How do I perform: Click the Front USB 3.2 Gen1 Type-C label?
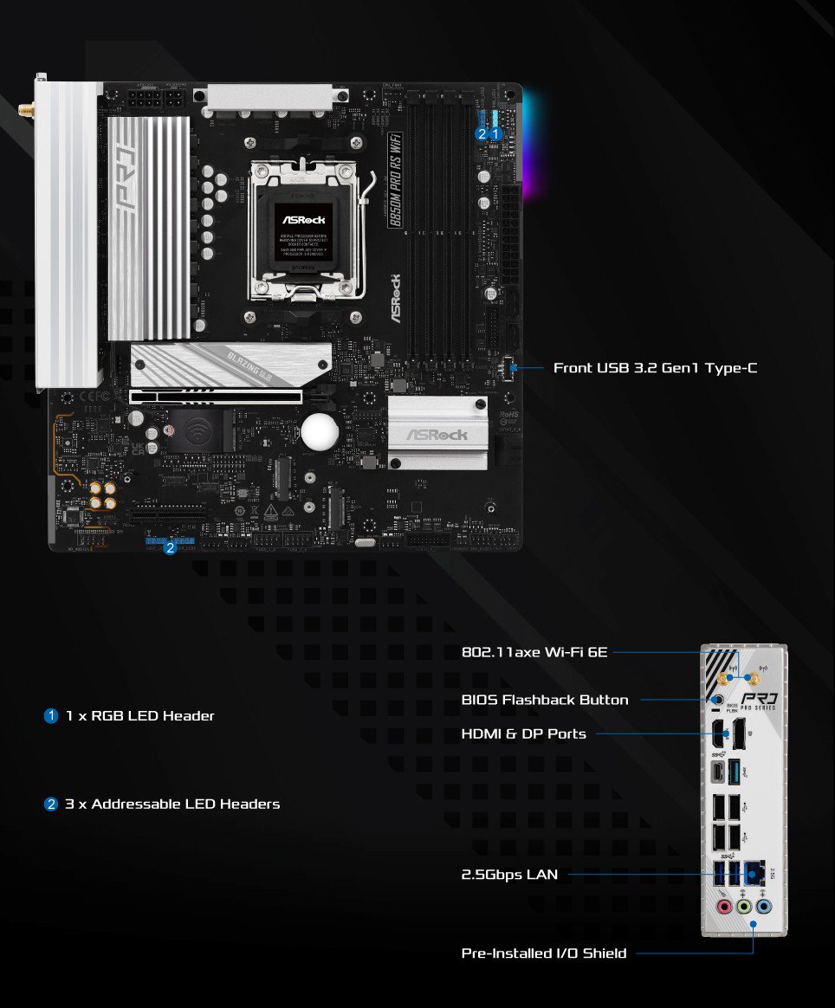(x=655, y=368)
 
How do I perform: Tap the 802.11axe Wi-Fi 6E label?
(x=534, y=652)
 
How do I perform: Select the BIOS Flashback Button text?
(x=545, y=700)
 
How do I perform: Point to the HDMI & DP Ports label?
(x=524, y=734)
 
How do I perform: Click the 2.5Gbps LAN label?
(x=509, y=875)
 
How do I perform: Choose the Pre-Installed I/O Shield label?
(x=544, y=953)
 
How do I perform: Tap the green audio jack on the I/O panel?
(x=743, y=908)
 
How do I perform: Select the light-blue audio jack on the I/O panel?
(x=764, y=908)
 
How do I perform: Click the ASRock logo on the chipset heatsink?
(x=437, y=435)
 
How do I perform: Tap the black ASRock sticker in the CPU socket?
(x=302, y=232)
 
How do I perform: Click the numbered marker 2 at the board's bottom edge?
(x=170, y=546)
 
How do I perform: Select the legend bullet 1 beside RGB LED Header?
(x=51, y=716)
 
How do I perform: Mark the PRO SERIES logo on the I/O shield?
(x=759, y=701)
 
